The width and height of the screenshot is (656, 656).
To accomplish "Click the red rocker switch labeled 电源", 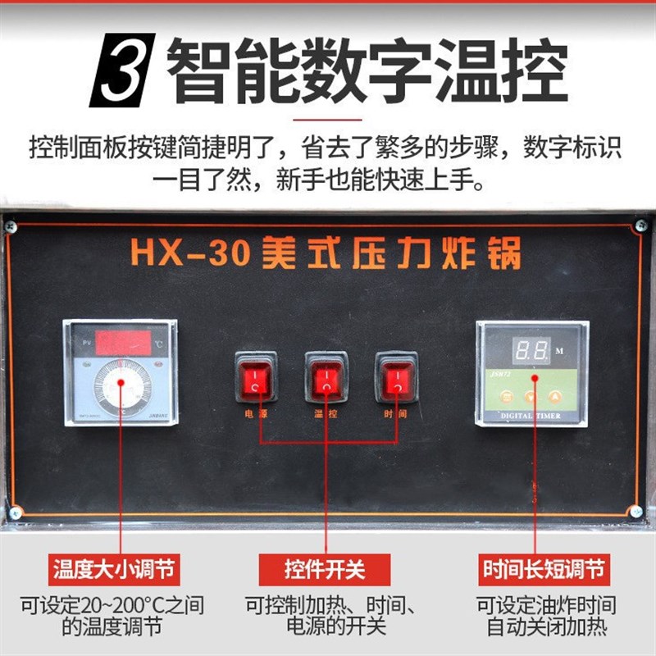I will (256, 377).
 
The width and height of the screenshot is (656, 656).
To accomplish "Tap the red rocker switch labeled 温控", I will (326, 377).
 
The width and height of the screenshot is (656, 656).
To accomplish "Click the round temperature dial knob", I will (122, 385).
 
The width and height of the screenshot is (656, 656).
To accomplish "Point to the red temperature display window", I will (123, 343).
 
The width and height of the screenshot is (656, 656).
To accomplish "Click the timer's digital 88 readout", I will (531, 351).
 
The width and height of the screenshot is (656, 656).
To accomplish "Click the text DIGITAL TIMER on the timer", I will (532, 417).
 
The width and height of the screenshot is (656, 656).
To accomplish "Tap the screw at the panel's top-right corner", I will (641, 225).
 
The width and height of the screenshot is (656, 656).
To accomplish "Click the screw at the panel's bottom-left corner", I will (16, 512).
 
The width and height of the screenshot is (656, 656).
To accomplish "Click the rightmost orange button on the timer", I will (554, 396).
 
